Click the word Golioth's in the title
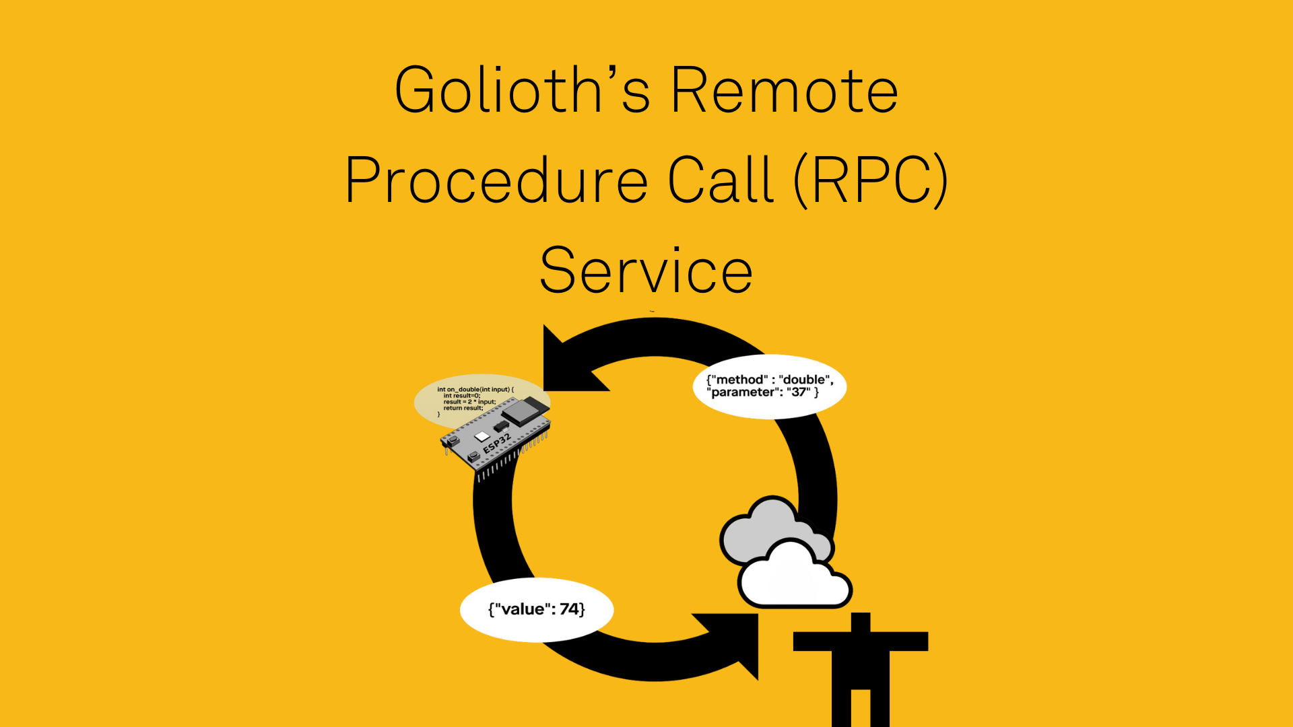[523, 90]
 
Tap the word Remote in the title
[785, 90]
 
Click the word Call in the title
[721, 180]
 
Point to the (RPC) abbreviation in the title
[871, 180]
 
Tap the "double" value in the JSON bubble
[804, 380]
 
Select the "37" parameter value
[799, 392]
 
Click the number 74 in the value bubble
[570, 609]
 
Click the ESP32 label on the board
[498, 443]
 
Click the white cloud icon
[795, 579]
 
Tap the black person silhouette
[861, 666]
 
